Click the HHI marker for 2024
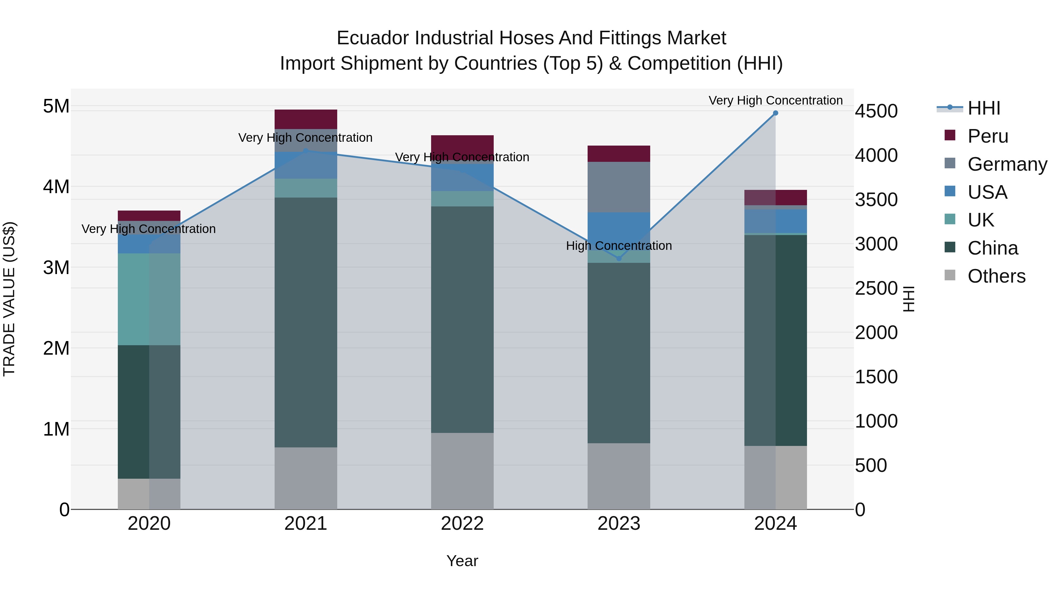(775, 113)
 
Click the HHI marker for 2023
(619, 259)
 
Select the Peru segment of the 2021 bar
(306, 119)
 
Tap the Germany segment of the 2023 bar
(619, 187)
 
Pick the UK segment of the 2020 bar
(149, 299)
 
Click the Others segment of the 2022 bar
(462, 471)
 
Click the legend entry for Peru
(987, 136)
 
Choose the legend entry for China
(992, 248)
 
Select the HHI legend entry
(983, 108)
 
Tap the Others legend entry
(996, 276)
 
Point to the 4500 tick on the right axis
(876, 111)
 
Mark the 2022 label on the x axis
(462, 524)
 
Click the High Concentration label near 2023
(619, 246)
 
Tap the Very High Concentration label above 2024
(775, 101)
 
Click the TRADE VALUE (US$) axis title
(9, 299)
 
